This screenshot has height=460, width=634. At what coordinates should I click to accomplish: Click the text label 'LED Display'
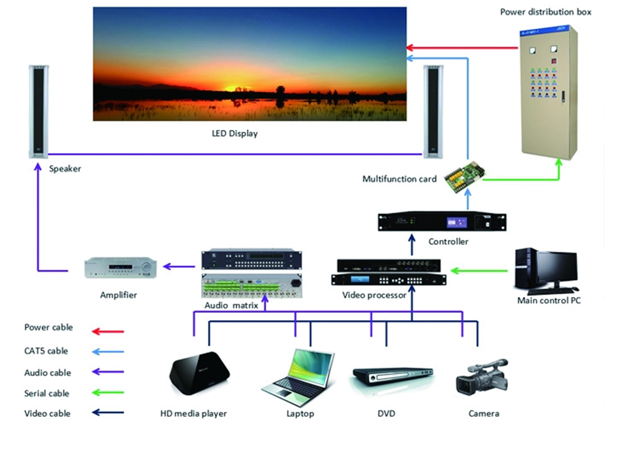point(235,134)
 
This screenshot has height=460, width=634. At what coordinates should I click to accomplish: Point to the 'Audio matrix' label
point(231,305)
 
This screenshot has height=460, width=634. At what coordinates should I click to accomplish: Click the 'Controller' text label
point(448,241)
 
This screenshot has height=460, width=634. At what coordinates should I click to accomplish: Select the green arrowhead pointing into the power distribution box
point(559,164)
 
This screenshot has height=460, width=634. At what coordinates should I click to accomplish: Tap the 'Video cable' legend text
point(47,414)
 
